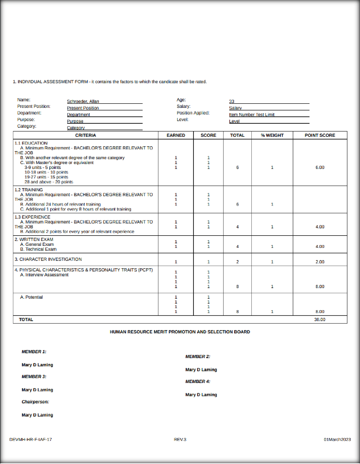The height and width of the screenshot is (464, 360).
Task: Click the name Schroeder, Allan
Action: pos(83,101)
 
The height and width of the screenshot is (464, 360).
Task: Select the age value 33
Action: pos(232,101)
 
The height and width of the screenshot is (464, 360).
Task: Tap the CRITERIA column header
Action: pos(86,135)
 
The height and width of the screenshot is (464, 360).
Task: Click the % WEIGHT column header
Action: pos(272,135)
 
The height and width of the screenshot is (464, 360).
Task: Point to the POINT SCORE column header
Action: pos(320,135)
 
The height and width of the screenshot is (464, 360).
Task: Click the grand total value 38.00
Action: pos(320,320)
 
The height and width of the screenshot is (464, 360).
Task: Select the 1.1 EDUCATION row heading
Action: pos(31,143)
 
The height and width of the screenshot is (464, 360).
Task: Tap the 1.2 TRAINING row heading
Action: pos(29,190)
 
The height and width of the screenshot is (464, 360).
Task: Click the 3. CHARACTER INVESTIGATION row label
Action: pos(48,259)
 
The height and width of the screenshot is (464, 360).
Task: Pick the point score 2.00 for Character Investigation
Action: pos(320,262)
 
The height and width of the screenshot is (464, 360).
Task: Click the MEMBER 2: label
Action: pos(198,357)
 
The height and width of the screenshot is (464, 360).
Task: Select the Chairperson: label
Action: pos(35,402)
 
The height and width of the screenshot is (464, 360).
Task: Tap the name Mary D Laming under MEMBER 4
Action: pos(201,395)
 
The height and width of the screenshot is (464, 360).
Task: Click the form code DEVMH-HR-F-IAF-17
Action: pos(31,440)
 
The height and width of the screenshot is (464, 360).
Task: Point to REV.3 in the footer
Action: pos(180,440)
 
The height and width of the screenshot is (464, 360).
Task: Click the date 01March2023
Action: pos(337,440)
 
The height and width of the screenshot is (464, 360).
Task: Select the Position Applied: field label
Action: pos(193,113)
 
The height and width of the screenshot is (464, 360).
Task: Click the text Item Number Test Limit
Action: pos(252,115)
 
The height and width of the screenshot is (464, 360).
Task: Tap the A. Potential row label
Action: pos(31,297)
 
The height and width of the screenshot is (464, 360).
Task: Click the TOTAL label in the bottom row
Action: pos(26,320)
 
